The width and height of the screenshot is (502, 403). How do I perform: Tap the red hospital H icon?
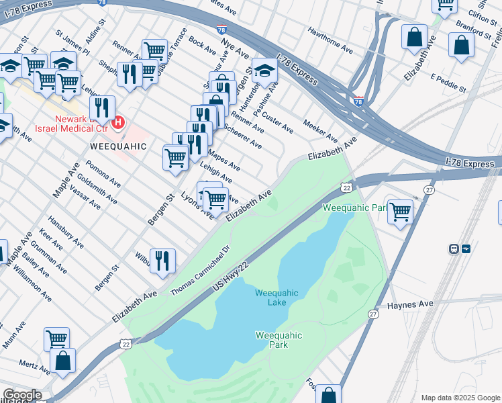119,122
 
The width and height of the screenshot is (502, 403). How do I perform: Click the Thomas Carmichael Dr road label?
200,269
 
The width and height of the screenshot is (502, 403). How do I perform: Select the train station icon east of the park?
454,249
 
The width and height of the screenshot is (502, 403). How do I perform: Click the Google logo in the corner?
21,395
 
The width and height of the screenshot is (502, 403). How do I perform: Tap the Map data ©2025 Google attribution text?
459,398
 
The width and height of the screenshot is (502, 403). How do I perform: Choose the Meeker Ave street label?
319,127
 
